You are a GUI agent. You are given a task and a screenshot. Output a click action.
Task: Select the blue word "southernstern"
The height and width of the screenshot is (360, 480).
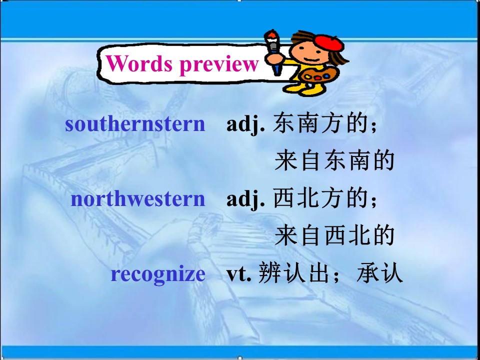pos(135,124)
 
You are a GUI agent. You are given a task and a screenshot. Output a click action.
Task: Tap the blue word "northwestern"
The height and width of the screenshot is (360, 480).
pos(138,199)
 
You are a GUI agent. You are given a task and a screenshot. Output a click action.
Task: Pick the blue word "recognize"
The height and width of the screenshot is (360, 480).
pos(158,274)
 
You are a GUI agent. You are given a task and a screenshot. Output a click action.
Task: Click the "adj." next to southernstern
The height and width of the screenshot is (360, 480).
pos(245,124)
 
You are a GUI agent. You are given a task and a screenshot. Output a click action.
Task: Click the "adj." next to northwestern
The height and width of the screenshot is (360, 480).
pos(245,199)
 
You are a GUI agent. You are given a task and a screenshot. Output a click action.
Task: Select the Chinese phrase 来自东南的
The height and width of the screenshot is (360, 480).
pos(334,161)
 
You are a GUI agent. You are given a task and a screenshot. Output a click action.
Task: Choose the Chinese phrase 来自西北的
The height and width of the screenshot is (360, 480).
pos(334,236)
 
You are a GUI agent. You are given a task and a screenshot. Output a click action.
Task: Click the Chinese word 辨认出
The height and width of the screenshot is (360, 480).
pos(283,274)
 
